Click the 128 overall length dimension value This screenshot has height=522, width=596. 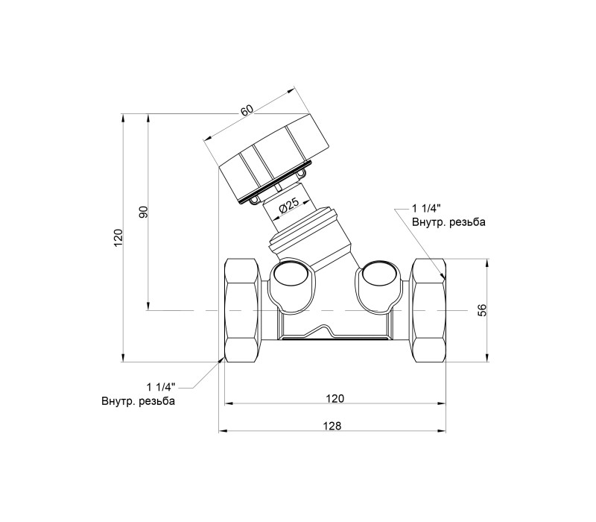coord(332,426)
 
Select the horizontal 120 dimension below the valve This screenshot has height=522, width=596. coord(335,398)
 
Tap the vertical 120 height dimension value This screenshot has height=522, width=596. coord(118,237)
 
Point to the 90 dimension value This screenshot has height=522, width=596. coord(143,212)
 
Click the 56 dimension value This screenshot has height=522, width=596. coord(482,310)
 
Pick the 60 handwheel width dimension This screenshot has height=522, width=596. coord(247,110)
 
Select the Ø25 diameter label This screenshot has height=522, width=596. coord(290,207)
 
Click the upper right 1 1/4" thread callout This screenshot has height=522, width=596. coord(426,208)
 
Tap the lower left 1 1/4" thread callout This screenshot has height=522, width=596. coord(161,387)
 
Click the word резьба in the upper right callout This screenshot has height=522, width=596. coord(467,222)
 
